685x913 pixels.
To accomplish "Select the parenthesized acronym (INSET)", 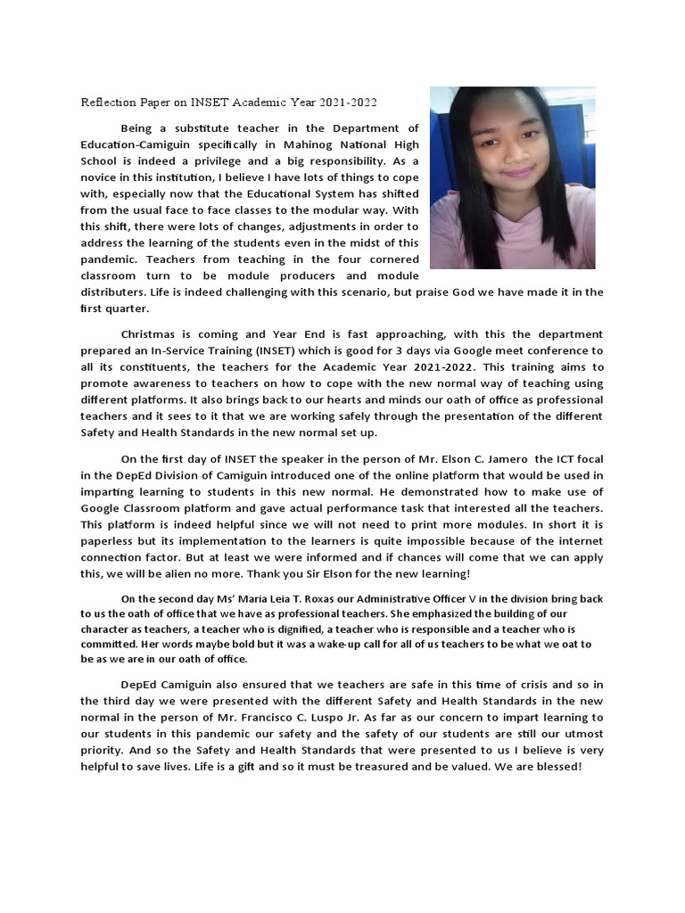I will (x=295, y=350).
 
